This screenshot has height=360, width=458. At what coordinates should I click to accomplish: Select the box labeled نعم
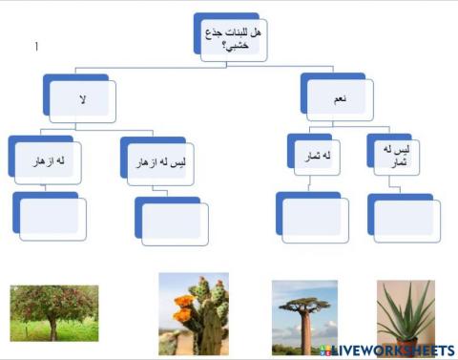point(339,99)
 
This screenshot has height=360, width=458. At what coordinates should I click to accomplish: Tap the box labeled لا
point(83,99)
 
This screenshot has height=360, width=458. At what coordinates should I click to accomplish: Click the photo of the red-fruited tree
point(53,314)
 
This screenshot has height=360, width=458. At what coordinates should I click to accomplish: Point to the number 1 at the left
point(36,47)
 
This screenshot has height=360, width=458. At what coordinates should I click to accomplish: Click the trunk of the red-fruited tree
point(52,329)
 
